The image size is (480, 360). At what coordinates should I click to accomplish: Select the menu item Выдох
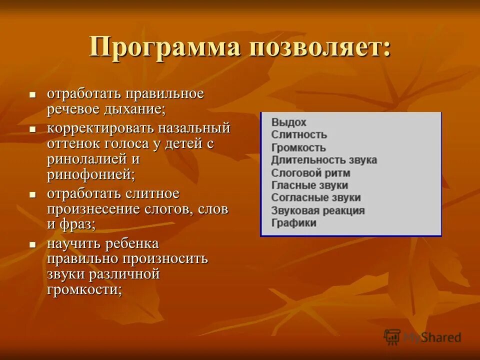[288, 122]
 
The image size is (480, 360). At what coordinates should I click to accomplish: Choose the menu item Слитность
[298, 134]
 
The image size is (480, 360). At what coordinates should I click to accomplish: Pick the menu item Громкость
[298, 147]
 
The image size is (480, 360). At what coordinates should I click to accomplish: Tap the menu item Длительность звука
[323, 160]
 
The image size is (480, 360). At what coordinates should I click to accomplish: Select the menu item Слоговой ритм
[310, 173]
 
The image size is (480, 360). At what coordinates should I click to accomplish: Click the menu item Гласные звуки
[309, 185]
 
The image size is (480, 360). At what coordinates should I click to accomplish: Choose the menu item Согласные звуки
[315, 198]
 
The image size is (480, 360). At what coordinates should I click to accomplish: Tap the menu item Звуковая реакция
[317, 210]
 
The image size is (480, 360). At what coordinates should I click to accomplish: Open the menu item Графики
[293, 223]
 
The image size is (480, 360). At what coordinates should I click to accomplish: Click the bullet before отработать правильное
[33, 94]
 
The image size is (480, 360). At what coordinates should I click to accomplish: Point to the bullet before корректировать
[33, 128]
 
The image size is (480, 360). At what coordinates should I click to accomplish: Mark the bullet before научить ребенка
[33, 244]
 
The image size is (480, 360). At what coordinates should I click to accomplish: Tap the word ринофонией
[90, 174]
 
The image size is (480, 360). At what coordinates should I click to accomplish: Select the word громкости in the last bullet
[84, 290]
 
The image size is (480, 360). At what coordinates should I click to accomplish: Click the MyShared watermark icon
[392, 336]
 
